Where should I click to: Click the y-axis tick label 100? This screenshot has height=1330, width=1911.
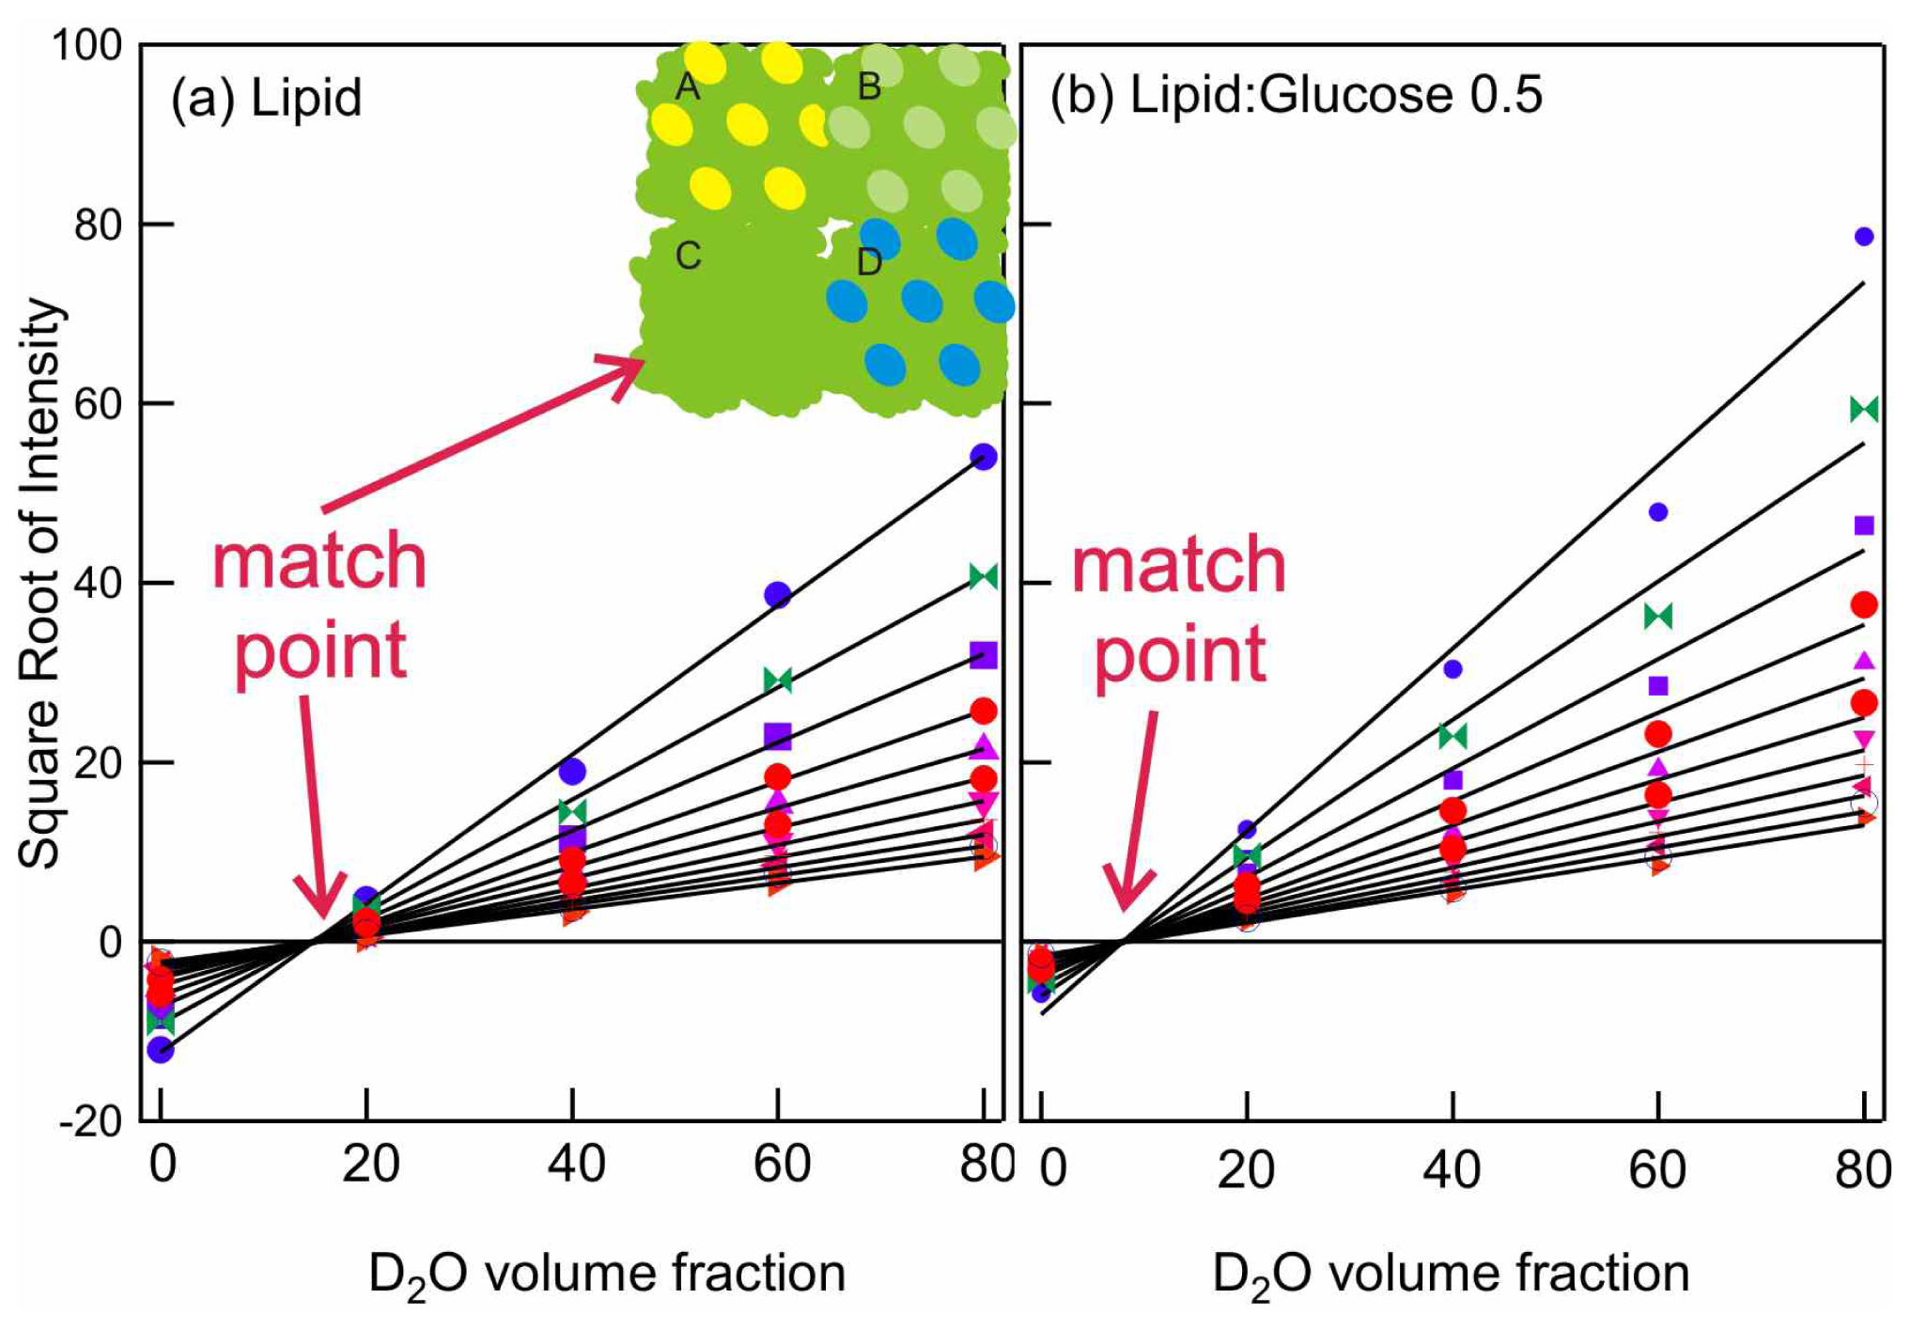point(87,44)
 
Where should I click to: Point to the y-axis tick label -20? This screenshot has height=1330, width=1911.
point(91,1121)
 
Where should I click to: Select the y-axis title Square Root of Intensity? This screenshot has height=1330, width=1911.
point(40,583)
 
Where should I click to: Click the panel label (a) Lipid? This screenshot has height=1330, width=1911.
point(266,98)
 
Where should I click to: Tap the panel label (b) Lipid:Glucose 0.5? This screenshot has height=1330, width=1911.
point(1296,95)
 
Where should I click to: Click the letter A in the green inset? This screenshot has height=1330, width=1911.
point(688,86)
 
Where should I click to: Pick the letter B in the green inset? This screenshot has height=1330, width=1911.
point(869,86)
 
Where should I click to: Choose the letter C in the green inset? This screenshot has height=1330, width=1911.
point(688,255)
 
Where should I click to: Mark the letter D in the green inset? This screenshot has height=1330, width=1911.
point(869,262)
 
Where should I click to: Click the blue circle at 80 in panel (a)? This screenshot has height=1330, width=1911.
point(984,457)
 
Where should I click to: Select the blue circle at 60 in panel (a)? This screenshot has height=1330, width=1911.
point(778,594)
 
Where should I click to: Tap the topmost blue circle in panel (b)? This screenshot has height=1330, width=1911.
point(1864,237)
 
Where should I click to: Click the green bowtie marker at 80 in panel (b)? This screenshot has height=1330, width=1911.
point(1864,410)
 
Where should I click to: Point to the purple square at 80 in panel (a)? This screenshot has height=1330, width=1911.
point(984,655)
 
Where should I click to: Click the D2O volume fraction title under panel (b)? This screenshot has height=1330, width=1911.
point(1451,1274)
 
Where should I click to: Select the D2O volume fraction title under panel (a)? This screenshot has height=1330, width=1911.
point(607,1274)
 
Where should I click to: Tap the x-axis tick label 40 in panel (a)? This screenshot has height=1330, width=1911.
point(576,1164)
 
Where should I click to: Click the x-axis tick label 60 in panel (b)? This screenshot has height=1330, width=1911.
point(1657,1169)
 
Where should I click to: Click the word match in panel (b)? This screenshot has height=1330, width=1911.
point(1179,566)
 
